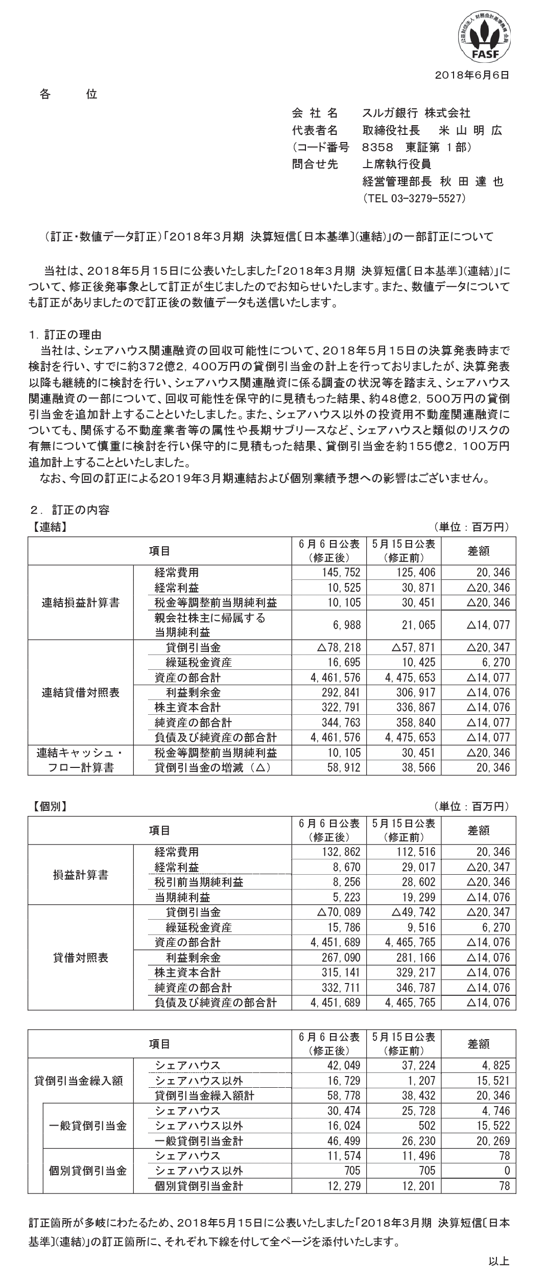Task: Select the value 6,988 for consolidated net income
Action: coord(348,625)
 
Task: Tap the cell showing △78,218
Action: coord(339,647)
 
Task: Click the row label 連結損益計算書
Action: coord(80,603)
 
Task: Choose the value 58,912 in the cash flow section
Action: coord(346,767)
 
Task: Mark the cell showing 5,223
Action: coord(348,897)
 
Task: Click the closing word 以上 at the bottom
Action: coord(498,1272)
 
